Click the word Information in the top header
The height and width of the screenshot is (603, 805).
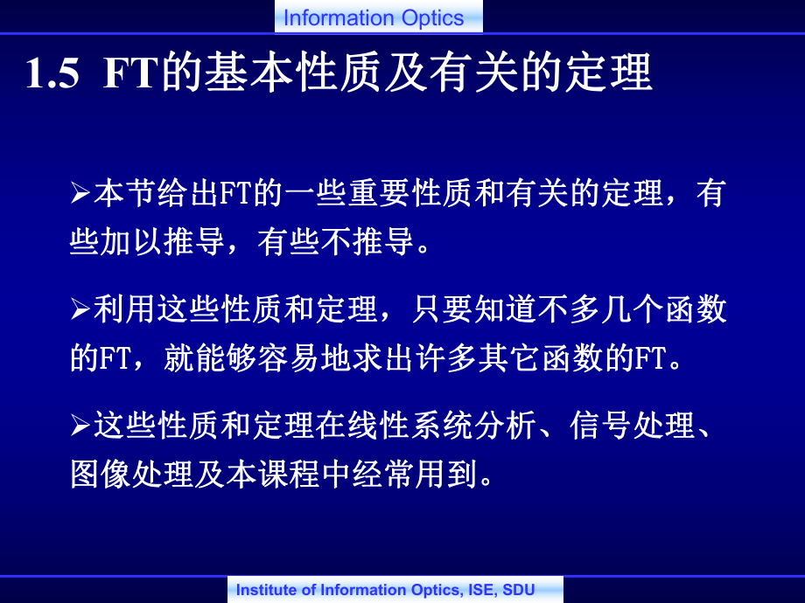[x=339, y=18]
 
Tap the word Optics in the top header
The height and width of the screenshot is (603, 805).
[x=433, y=19]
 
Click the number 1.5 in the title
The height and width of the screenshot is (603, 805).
[x=52, y=73]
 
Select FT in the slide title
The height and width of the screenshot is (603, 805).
[x=130, y=73]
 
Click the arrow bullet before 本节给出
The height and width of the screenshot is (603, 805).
[x=80, y=193]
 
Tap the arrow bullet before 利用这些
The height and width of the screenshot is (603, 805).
[x=80, y=309]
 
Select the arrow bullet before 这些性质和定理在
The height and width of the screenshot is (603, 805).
[x=80, y=425]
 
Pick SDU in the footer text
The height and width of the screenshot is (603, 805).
[x=519, y=590]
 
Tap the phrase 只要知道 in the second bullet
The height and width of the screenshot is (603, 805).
[x=474, y=309]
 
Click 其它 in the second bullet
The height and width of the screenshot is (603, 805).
[x=510, y=358]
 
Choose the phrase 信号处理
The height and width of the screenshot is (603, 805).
[x=633, y=425]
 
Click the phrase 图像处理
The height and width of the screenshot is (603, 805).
[x=132, y=474]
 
